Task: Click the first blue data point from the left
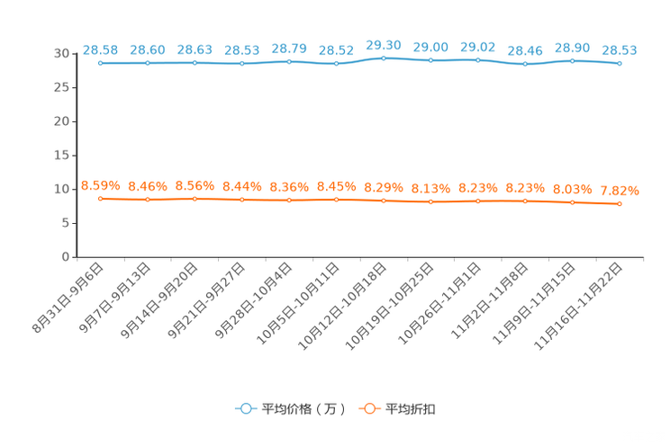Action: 100,63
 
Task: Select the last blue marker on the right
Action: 620,64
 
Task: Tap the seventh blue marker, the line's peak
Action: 384,58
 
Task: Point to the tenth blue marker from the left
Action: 525,65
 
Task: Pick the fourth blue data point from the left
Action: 241,64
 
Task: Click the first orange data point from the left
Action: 100,198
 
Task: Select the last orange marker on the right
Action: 620,204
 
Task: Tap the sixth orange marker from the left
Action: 336,199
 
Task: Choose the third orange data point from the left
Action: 195,198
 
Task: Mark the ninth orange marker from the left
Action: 477,201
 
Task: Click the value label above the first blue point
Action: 100,49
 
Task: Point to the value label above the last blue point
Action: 620,49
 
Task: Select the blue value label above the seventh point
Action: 384,43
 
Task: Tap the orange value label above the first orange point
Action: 100,184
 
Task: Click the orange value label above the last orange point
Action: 620,191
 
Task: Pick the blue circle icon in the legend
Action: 244,408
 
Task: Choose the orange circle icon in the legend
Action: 368,408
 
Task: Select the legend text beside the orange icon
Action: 412,409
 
